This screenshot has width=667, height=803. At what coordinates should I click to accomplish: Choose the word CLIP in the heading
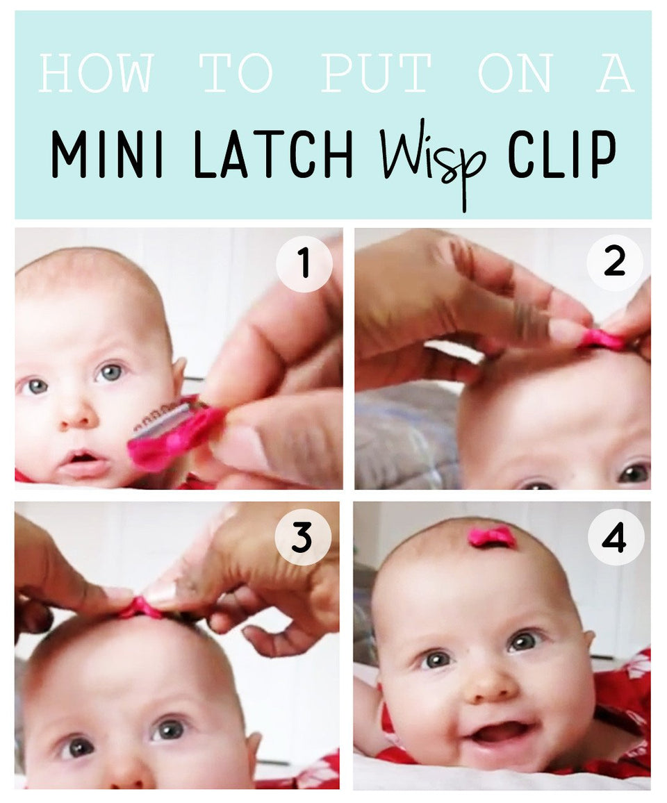[x=562, y=154]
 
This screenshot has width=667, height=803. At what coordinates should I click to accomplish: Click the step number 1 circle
[x=304, y=265]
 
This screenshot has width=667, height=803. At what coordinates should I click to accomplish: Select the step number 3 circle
[x=302, y=537]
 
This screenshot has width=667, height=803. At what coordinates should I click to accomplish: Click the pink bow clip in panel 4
[x=492, y=536]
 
